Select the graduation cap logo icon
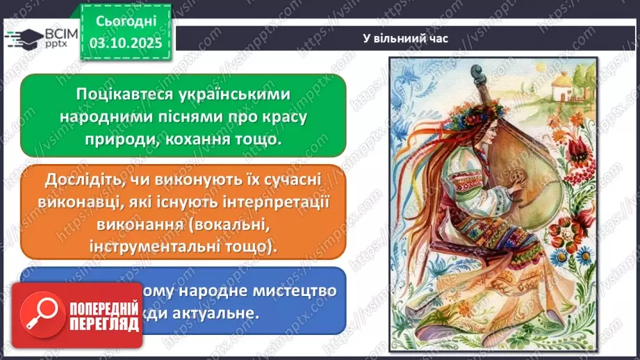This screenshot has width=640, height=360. (21, 40)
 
